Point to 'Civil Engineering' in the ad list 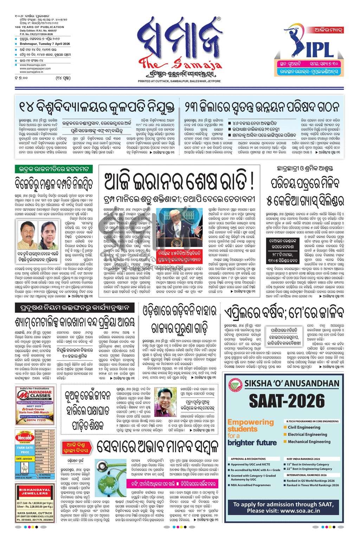[x=304, y=427]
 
